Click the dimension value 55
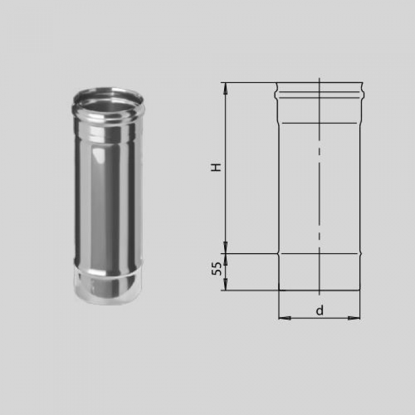[216, 269]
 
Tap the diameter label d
[320, 310]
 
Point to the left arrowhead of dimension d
[285, 318]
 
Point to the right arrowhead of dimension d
[354, 318]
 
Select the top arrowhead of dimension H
[225, 89]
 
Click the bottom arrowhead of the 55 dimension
[225, 284]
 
